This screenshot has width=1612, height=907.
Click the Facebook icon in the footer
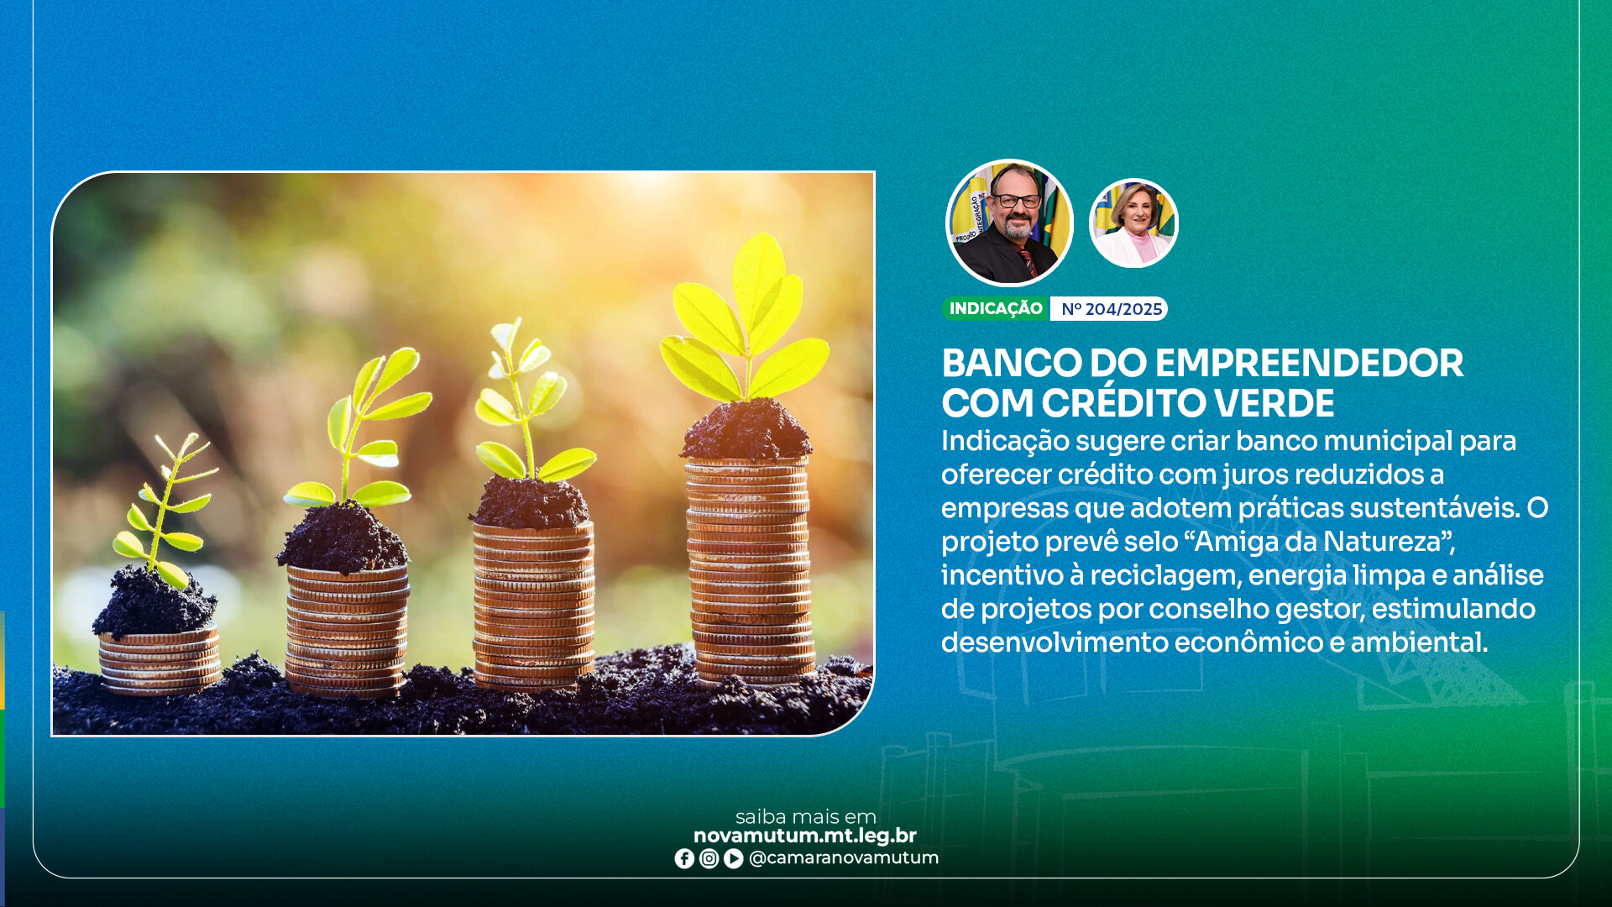pos(684,858)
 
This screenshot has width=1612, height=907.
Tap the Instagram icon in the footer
pos(709,858)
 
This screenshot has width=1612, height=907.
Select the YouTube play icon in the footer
pos(733,858)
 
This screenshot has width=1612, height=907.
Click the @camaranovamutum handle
pos(844,858)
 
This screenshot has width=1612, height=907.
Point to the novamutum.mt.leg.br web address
pos(805,836)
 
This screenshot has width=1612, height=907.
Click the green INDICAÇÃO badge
pos(996,309)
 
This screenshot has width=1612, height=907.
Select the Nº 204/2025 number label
pos(1111,309)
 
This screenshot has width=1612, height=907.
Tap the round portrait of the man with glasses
pos(1009,223)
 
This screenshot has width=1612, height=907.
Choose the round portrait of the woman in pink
pos(1133,223)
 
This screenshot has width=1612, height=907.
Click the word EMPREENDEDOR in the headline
pos(1309,364)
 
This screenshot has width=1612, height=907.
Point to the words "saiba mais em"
pos(806,816)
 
